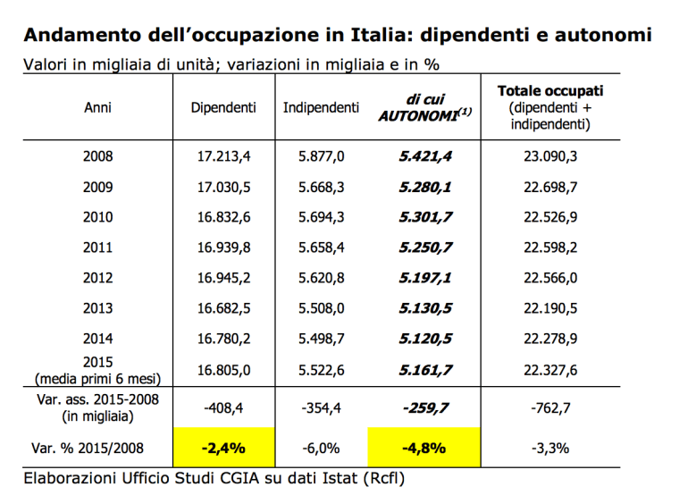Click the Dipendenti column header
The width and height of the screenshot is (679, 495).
pyautogui.click(x=223, y=107)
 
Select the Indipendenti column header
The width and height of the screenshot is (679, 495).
pyautogui.click(x=321, y=107)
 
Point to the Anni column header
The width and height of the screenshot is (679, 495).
pyautogui.click(x=97, y=107)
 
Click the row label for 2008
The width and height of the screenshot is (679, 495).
pyautogui.click(x=97, y=155)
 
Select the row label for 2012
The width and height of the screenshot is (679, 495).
pyautogui.click(x=97, y=277)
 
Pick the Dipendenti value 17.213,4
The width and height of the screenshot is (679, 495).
pyautogui.click(x=223, y=155)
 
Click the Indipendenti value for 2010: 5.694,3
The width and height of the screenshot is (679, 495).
pyautogui.click(x=321, y=216)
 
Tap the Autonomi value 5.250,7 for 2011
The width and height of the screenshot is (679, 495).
pyautogui.click(x=424, y=247)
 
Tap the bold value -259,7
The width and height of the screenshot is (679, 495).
pyautogui.click(x=424, y=407)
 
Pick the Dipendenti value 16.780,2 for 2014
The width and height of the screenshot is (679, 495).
pyautogui.click(x=223, y=338)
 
